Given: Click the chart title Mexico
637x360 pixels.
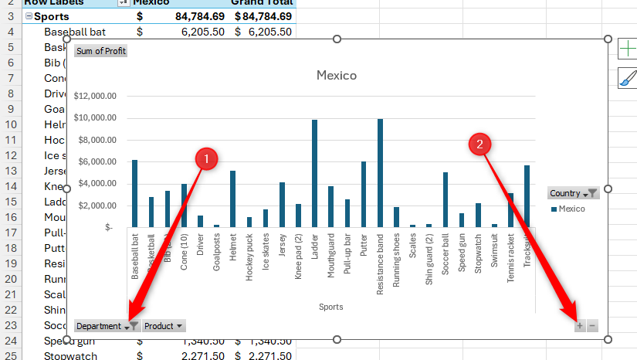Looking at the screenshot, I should [337, 76].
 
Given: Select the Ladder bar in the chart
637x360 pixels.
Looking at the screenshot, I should [314, 174].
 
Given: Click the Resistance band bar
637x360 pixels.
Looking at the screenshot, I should [380, 174].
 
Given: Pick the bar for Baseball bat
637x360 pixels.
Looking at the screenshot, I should [134, 193].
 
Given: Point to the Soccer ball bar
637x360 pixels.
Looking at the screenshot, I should [446, 199].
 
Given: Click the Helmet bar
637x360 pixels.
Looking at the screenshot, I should [232, 199].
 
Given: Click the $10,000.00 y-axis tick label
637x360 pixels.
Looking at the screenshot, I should [95, 117].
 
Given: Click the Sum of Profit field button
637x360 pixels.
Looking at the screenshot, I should [100, 51].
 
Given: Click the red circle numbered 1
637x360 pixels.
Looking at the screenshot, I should [205, 159].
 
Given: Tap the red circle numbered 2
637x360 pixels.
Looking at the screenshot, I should [480, 144].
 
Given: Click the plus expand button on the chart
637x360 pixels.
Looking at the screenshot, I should [579, 326].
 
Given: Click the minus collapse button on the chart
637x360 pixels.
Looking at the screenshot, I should [592, 326].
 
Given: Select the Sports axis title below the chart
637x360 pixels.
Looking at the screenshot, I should [330, 307].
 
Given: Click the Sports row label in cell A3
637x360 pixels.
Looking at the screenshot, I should [52, 16].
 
